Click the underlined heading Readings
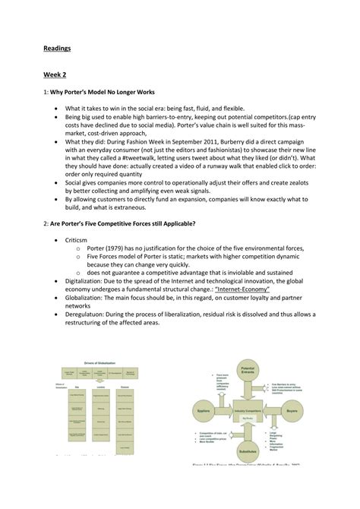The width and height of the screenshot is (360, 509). coord(55,48)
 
